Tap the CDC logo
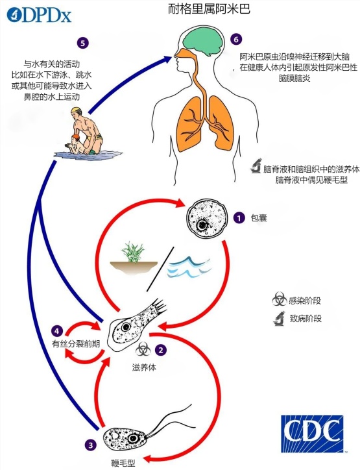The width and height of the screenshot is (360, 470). (312, 433)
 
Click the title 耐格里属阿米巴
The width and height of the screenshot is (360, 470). (209, 9)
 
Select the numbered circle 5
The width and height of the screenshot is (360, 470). (82, 43)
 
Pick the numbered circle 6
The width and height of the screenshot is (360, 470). (236, 39)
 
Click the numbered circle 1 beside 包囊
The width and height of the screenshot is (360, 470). (239, 218)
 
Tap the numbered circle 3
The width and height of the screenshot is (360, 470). (90, 445)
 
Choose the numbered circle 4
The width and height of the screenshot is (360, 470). (57, 331)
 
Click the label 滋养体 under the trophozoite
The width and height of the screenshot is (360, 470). (144, 367)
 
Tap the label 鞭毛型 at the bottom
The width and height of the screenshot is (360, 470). (123, 463)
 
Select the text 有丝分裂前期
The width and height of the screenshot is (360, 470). (76, 344)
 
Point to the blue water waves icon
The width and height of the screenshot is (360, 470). (189, 267)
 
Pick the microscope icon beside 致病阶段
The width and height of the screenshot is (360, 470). (279, 318)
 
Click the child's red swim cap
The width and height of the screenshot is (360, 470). (75, 137)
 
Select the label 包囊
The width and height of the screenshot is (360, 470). (258, 218)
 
